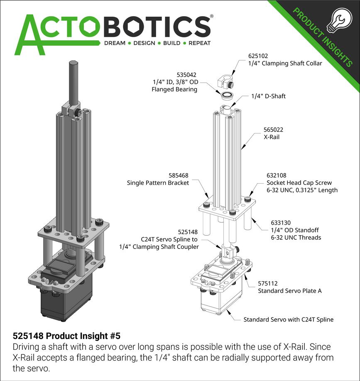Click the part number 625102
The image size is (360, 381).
258,56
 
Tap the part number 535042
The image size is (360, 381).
186,75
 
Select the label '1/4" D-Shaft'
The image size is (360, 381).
269,96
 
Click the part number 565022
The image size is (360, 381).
273,130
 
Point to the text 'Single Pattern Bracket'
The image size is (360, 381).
158,183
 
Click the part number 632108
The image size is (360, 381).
277,175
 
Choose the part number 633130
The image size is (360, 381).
281,223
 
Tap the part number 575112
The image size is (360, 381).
268,283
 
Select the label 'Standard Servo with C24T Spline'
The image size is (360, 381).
289,320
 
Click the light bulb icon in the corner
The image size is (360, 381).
339,20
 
